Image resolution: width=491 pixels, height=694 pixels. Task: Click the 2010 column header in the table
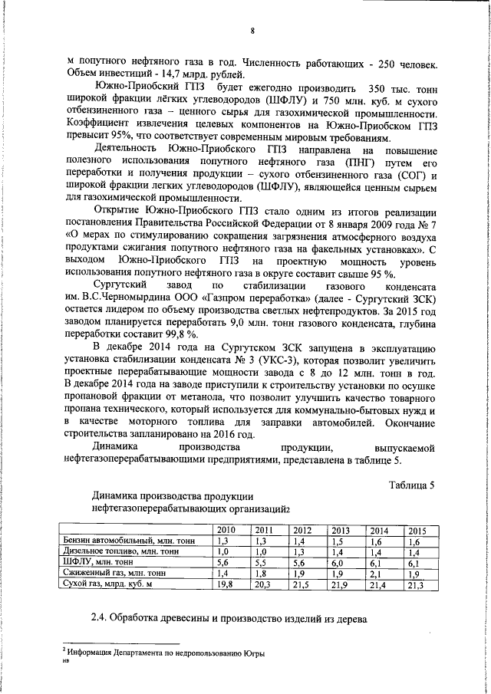coord(226,531)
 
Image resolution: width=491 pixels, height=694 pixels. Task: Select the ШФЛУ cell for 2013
coord(340,563)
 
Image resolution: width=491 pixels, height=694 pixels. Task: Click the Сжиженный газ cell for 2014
coord(378,574)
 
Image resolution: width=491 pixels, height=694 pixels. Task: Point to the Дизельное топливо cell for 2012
coord(302,552)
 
